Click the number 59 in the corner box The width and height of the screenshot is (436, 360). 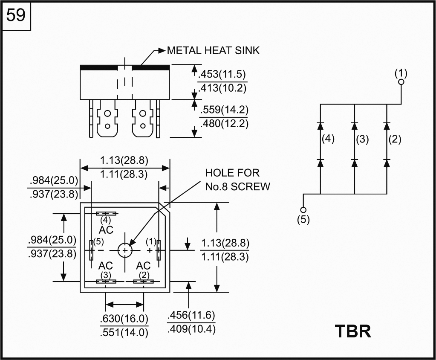pyautogui.click(x=16, y=16)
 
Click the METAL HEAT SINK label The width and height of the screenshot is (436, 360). pyautogui.click(x=213, y=50)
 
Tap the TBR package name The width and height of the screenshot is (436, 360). pyautogui.click(x=353, y=331)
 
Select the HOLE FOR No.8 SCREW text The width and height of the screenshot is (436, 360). pyautogui.click(x=237, y=180)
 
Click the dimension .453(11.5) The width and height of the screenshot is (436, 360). pyautogui.click(x=222, y=74)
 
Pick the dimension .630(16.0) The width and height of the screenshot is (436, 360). pyautogui.click(x=124, y=319)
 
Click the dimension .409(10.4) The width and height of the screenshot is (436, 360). pyautogui.click(x=191, y=329)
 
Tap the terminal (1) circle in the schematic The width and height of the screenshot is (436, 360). pyautogui.click(x=401, y=82)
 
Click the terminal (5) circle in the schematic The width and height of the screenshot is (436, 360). pyautogui.click(x=303, y=209)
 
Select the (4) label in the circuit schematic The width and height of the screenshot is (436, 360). pyautogui.click(x=328, y=139)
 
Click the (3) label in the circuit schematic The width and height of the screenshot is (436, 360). pyautogui.click(x=362, y=139)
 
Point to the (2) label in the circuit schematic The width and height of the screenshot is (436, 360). pyautogui.click(x=395, y=139)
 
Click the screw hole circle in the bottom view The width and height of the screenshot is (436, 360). pyautogui.click(x=125, y=250)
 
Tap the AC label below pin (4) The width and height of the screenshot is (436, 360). pyautogui.click(x=106, y=229)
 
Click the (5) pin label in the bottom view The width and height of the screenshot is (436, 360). pyautogui.click(x=98, y=241)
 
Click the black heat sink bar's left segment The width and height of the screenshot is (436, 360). pyautogui.click(x=98, y=67)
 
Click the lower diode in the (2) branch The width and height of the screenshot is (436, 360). pyautogui.click(x=387, y=163)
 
